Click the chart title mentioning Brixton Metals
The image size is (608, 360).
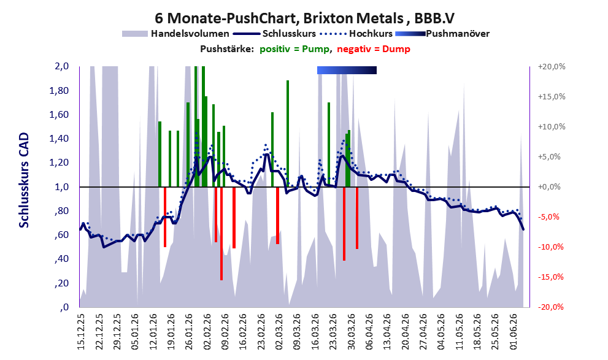point(304,18)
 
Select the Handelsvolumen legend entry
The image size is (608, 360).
point(175,34)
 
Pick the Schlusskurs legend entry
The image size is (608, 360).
point(274,34)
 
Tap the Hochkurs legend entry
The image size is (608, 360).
point(356,34)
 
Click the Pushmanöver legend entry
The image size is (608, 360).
point(442,34)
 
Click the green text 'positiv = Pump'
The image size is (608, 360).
point(295,49)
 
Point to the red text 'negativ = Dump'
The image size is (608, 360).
point(374,49)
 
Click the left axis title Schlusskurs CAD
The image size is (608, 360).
point(24,180)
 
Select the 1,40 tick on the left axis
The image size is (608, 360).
point(59,139)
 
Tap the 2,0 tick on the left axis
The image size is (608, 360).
point(61,66)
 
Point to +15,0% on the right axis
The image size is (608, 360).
point(552,96)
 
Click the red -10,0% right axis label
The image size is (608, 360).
point(550,247)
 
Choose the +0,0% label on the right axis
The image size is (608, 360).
point(549,187)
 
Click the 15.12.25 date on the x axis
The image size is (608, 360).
point(81,332)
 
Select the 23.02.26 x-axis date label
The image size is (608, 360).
point(261,332)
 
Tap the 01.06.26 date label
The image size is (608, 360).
point(514,332)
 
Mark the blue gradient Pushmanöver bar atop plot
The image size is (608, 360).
point(347,70)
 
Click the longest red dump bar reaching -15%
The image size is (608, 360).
point(221,233)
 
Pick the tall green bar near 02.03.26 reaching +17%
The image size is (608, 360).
point(288,134)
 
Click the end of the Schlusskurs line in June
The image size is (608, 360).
point(523,229)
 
